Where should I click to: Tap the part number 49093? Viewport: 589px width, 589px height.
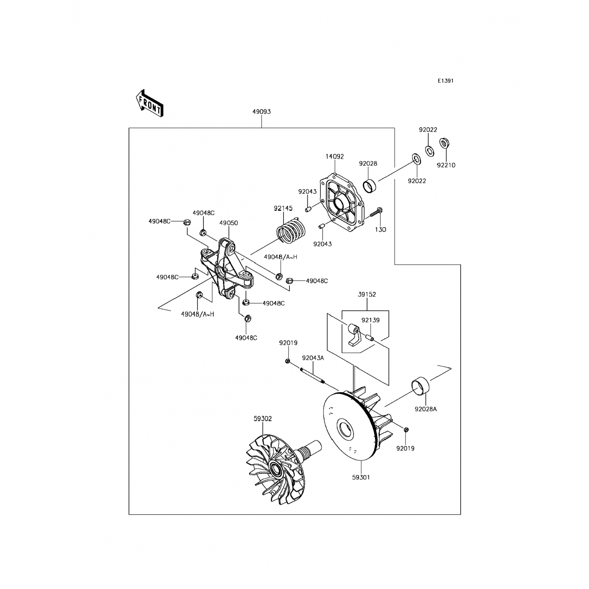point(261,112)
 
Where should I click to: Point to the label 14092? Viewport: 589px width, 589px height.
point(335,156)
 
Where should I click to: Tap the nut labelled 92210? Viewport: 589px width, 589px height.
point(444,143)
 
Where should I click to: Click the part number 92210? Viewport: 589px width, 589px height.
point(446,165)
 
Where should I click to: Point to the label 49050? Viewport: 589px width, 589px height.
point(229,223)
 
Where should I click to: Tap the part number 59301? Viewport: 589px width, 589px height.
point(361,477)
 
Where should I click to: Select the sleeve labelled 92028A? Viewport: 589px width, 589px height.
point(420,385)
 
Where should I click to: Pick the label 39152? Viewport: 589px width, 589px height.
point(367,294)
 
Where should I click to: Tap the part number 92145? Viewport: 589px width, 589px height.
point(283,209)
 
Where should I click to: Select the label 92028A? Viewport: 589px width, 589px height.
point(426,409)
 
